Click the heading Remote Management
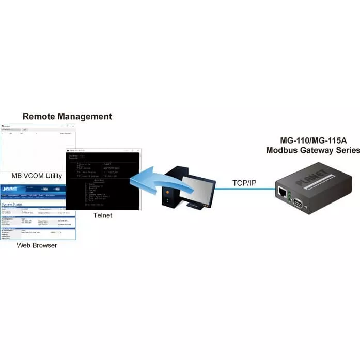[x=67, y=116]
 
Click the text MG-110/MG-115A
[x=313, y=140]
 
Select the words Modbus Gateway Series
[x=313, y=151]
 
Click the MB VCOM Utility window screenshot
[x=38, y=147]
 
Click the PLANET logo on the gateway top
[x=310, y=174]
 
